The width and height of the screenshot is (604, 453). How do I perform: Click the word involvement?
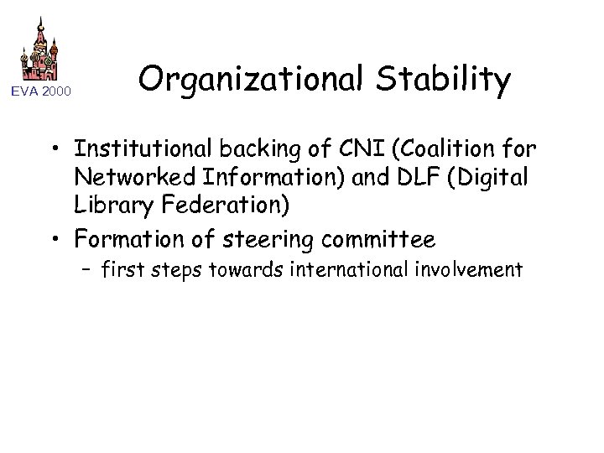[x=481, y=269]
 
